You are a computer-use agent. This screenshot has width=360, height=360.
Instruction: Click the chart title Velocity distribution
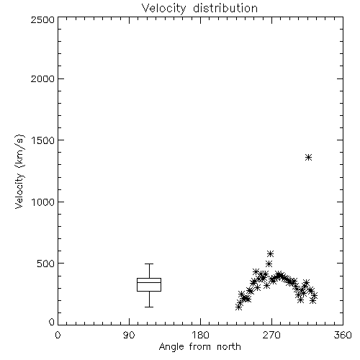(199, 8)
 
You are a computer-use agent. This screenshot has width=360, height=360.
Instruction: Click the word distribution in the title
(225, 8)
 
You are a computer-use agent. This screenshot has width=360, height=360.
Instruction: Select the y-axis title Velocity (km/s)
(19, 171)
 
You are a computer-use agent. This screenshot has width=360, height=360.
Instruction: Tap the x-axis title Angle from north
(199, 347)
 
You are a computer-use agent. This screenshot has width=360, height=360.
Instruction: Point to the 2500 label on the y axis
(42, 19)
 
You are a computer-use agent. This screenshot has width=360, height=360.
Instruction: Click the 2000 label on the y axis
(42, 78)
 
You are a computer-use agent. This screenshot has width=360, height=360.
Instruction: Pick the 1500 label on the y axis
(43, 140)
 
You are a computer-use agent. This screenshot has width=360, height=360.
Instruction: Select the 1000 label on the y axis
(43, 202)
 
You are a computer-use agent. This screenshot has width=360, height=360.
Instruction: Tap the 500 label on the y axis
(46, 264)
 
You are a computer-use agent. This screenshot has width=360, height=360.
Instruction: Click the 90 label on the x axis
(129, 335)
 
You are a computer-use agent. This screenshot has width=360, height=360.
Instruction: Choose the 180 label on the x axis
(200, 335)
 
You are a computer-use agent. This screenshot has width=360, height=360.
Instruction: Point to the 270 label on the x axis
(271, 335)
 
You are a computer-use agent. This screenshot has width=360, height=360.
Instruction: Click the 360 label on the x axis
(343, 335)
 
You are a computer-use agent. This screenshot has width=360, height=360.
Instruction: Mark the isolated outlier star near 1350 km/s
(309, 158)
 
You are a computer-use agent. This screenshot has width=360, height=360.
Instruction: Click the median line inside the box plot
(149, 282)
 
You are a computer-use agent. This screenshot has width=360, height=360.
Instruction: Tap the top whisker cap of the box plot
(149, 264)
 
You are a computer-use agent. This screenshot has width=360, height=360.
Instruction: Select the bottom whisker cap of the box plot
(149, 307)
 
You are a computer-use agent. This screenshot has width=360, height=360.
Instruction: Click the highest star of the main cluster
(271, 253)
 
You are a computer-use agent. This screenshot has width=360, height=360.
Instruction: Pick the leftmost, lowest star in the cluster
(238, 307)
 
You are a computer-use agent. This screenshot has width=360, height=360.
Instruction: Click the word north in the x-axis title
(229, 347)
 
